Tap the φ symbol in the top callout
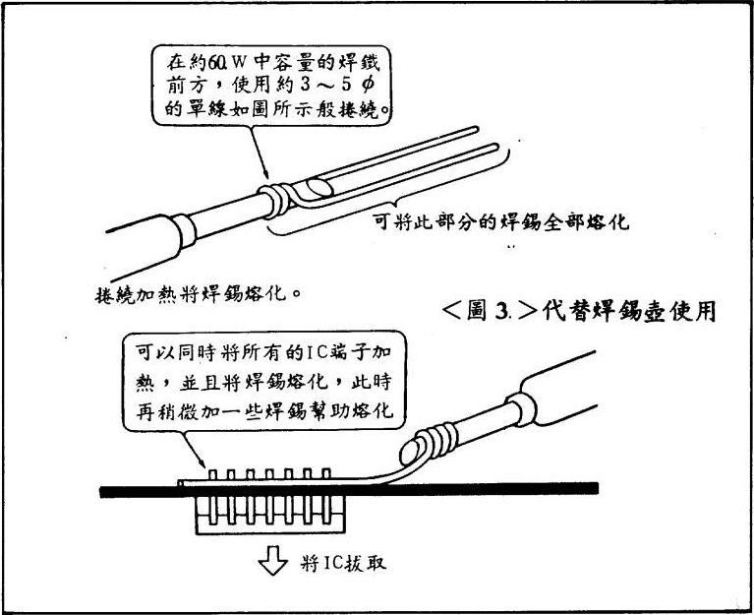click(x=367, y=87)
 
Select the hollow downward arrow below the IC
click(x=273, y=560)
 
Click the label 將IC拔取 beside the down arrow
click(x=344, y=562)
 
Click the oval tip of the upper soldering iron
click(x=319, y=187)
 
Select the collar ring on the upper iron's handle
click(x=185, y=231)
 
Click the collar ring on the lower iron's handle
click(x=521, y=409)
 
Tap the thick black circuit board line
click(x=349, y=490)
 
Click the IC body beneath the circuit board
click(x=270, y=514)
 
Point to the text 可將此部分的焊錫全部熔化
click(x=502, y=222)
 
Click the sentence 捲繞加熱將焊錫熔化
click(x=199, y=293)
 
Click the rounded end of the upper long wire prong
click(x=475, y=129)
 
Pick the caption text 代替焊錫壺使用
click(x=629, y=311)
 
